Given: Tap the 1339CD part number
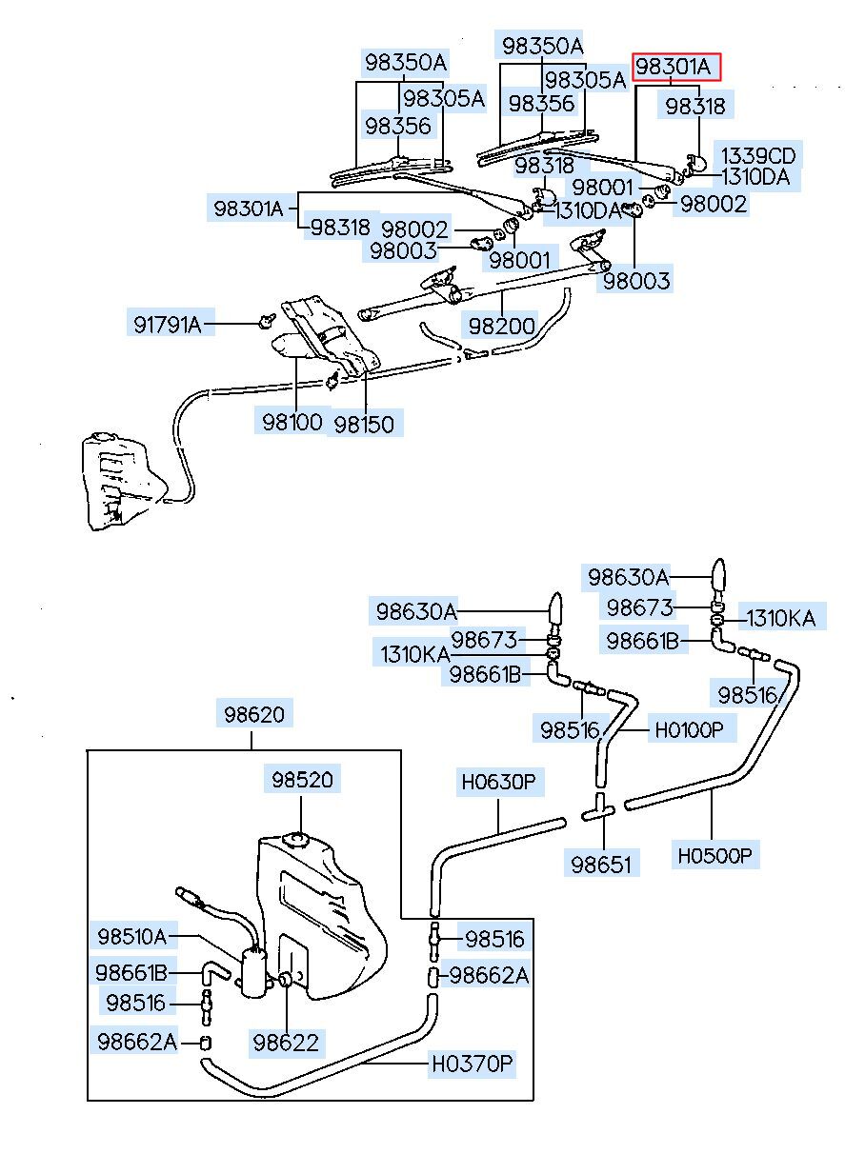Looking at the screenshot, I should pyautogui.click(x=757, y=155).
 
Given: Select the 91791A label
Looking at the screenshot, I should pyautogui.click(x=167, y=324).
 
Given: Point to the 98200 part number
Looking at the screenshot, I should pyautogui.click(x=501, y=325).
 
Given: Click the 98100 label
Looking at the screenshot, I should pyautogui.click(x=292, y=421).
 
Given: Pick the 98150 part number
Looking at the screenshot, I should pyautogui.click(x=363, y=423).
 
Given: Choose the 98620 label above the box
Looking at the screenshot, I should pyautogui.click(x=253, y=713).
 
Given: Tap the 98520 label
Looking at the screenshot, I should pyautogui.click(x=302, y=780).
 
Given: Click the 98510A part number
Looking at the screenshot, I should pyautogui.click(x=131, y=936).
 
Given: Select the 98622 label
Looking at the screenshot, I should pyautogui.click(x=286, y=1043).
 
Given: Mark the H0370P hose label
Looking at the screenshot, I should pyautogui.click(x=472, y=1063).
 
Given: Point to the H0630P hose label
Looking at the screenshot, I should pyautogui.click(x=499, y=784).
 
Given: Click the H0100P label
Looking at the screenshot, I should pyautogui.click(x=689, y=730).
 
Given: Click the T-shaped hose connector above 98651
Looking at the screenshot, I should pyautogui.click(x=601, y=810).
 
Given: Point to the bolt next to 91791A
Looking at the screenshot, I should pyautogui.click(x=264, y=321).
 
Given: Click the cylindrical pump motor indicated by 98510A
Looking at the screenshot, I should pyautogui.click(x=253, y=971).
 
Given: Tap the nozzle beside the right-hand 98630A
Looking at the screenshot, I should pyautogui.click(x=719, y=576).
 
